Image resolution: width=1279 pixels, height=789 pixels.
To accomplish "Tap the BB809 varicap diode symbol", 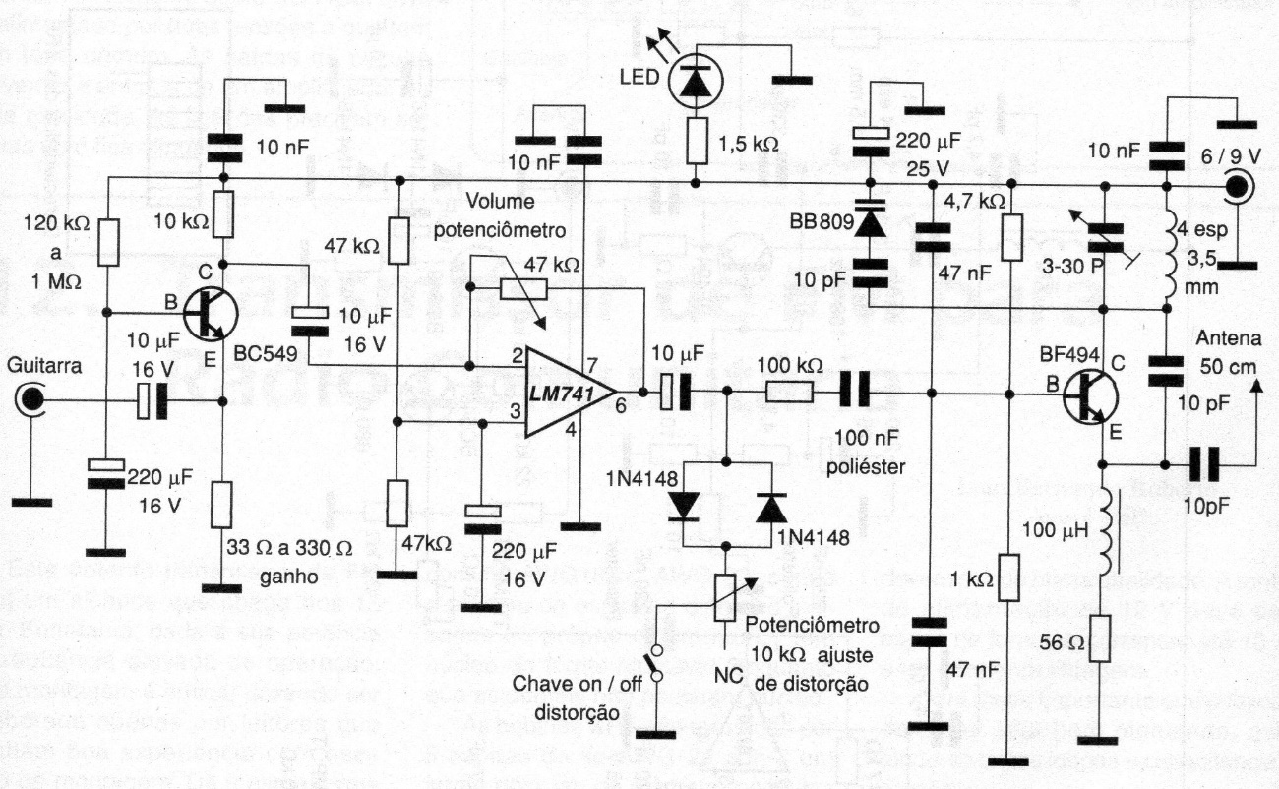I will [870, 222].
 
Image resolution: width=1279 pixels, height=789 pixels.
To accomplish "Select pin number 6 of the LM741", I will [620, 404].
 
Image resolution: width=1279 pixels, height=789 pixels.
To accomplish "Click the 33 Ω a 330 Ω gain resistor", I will [223, 504].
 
